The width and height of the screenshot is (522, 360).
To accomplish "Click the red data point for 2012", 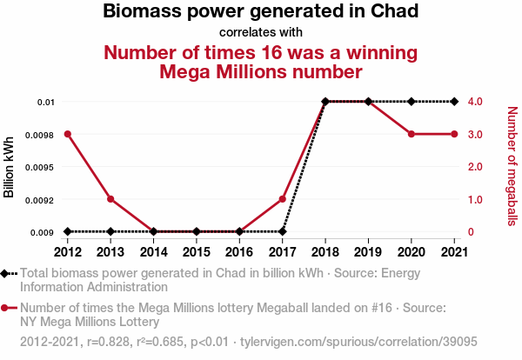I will click(x=68, y=134).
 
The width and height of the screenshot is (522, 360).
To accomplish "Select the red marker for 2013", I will click(x=110, y=199).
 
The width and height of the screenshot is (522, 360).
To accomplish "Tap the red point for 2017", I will click(x=283, y=199).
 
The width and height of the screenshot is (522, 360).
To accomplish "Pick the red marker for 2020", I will click(x=412, y=134).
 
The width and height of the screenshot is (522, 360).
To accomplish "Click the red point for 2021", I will click(x=454, y=134).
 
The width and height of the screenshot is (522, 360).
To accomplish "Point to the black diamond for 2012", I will click(x=68, y=231).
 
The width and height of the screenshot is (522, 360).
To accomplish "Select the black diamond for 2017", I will click(x=283, y=231).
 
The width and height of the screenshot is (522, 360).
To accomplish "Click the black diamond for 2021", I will click(x=454, y=102).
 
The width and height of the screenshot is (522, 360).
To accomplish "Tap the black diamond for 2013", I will click(x=110, y=231).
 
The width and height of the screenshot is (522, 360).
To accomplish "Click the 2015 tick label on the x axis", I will click(x=197, y=251).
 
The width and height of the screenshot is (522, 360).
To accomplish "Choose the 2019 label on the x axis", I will click(x=368, y=251).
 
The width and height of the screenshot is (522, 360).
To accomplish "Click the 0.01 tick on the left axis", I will click(x=44, y=102).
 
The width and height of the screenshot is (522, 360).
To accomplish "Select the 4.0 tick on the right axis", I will click(x=475, y=102).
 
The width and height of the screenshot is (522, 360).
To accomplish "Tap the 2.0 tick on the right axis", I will click(x=475, y=167).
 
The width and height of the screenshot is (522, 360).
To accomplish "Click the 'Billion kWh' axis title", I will click(x=10, y=167).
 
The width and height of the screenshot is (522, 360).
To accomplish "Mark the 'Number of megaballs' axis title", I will click(x=512, y=167).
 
